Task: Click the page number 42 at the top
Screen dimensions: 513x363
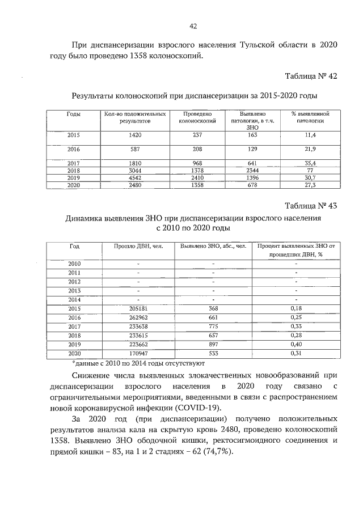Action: [x=192, y=26]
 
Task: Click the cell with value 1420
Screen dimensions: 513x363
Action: [x=135, y=135]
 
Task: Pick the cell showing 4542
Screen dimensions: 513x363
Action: [x=135, y=177]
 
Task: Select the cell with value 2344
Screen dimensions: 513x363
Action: [x=248, y=170]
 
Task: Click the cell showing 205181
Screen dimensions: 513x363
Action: [x=138, y=308]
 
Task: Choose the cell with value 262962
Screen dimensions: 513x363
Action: [x=138, y=317]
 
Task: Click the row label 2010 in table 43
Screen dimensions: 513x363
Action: [x=74, y=264]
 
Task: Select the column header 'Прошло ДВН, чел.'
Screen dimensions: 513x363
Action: [x=138, y=247]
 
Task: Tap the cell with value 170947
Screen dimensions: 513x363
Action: [x=138, y=353]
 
